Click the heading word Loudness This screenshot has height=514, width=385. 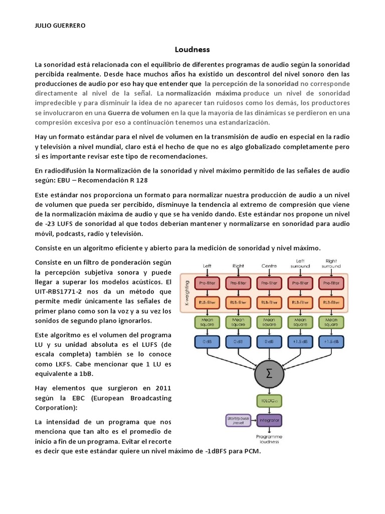tap(192, 50)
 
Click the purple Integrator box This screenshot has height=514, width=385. tap(269, 419)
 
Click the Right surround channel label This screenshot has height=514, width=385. tap(331, 263)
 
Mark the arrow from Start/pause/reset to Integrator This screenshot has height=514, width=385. tap(253, 419)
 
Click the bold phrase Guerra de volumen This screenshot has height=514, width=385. tap(141, 113)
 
